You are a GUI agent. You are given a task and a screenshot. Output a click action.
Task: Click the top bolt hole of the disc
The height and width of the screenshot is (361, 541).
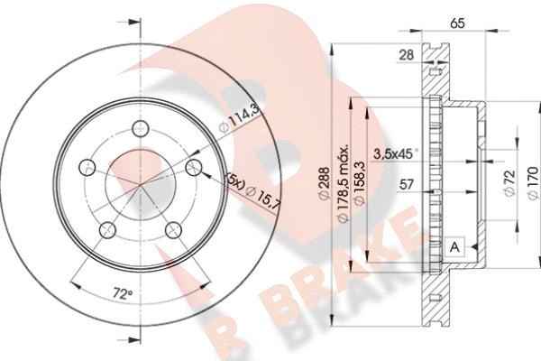coord(141,128)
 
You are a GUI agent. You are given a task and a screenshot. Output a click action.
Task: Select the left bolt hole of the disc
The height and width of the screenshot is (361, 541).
coord(87,168)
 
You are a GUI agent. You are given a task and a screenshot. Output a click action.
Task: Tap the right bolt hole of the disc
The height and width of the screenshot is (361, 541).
coord(194,168)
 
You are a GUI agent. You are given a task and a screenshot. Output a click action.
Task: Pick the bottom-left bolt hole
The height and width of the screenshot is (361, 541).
coord(107,230)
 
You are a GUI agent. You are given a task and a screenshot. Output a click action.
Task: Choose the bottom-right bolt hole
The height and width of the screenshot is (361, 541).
coord(173,230)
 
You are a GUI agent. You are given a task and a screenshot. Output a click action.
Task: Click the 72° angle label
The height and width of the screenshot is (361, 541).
coord(123,294)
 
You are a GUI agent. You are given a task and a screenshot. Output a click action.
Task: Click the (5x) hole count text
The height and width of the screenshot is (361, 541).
coord(234,182)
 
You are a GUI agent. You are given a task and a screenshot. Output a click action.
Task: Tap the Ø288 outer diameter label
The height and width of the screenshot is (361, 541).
coord(324,184)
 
